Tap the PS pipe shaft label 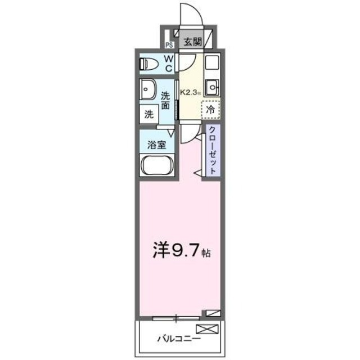pos(169,46)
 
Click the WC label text pos(169,63)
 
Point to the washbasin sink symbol pos(148,88)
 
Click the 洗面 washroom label pos(166,100)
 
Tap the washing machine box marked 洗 pos(149,114)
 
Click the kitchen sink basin pos(211,88)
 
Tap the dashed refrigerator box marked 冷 pos(210,110)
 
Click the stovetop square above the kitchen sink pos(211,63)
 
